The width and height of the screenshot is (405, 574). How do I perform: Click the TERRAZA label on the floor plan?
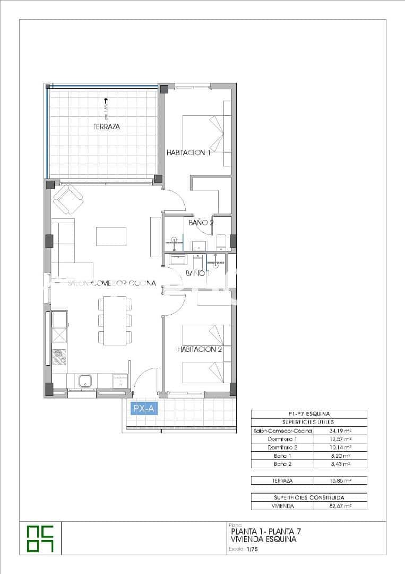pyautogui.click(x=106, y=127)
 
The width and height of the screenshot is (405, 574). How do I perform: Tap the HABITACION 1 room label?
pyautogui.click(x=188, y=153)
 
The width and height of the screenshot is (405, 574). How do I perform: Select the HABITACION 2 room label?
pyautogui.click(x=199, y=349)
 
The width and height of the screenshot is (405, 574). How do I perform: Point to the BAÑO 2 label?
pyautogui.click(x=201, y=223)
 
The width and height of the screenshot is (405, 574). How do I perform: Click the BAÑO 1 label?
pyautogui.click(x=197, y=273)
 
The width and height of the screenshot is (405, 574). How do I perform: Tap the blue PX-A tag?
pyautogui.click(x=144, y=408)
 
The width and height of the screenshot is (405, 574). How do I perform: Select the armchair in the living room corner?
pyautogui.click(x=68, y=199)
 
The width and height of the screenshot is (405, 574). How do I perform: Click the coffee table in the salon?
pyautogui.click(x=111, y=236)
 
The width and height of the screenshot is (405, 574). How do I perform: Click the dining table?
pyautogui.click(x=115, y=320)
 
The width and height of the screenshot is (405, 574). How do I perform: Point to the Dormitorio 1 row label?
pyautogui.click(x=282, y=439)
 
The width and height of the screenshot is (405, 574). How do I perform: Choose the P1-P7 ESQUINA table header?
pyautogui.click(x=308, y=413)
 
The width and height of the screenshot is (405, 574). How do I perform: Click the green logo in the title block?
pyautogui.click(x=41, y=538)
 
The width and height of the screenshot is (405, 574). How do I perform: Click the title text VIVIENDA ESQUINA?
pyautogui.click(x=264, y=539)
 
